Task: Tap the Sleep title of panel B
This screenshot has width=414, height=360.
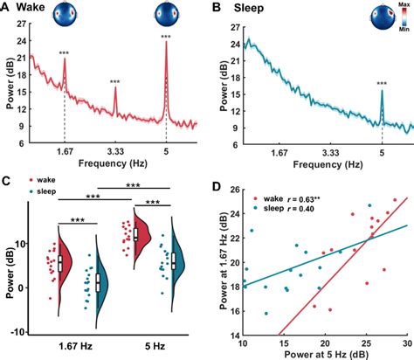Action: click(253, 8)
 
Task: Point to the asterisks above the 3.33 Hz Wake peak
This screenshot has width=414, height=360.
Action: click(115, 83)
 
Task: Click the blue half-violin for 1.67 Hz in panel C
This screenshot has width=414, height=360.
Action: click(100, 281)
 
